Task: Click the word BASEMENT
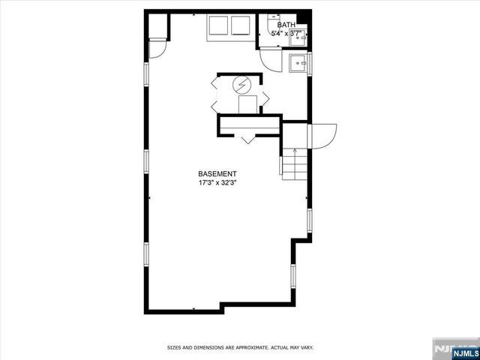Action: click(x=218, y=173)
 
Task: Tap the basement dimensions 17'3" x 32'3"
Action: click(x=218, y=182)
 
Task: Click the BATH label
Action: click(x=286, y=25)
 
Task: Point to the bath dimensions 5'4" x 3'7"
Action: click(x=286, y=34)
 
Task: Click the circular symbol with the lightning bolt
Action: click(x=241, y=85)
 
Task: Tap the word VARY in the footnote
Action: click(x=307, y=347)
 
